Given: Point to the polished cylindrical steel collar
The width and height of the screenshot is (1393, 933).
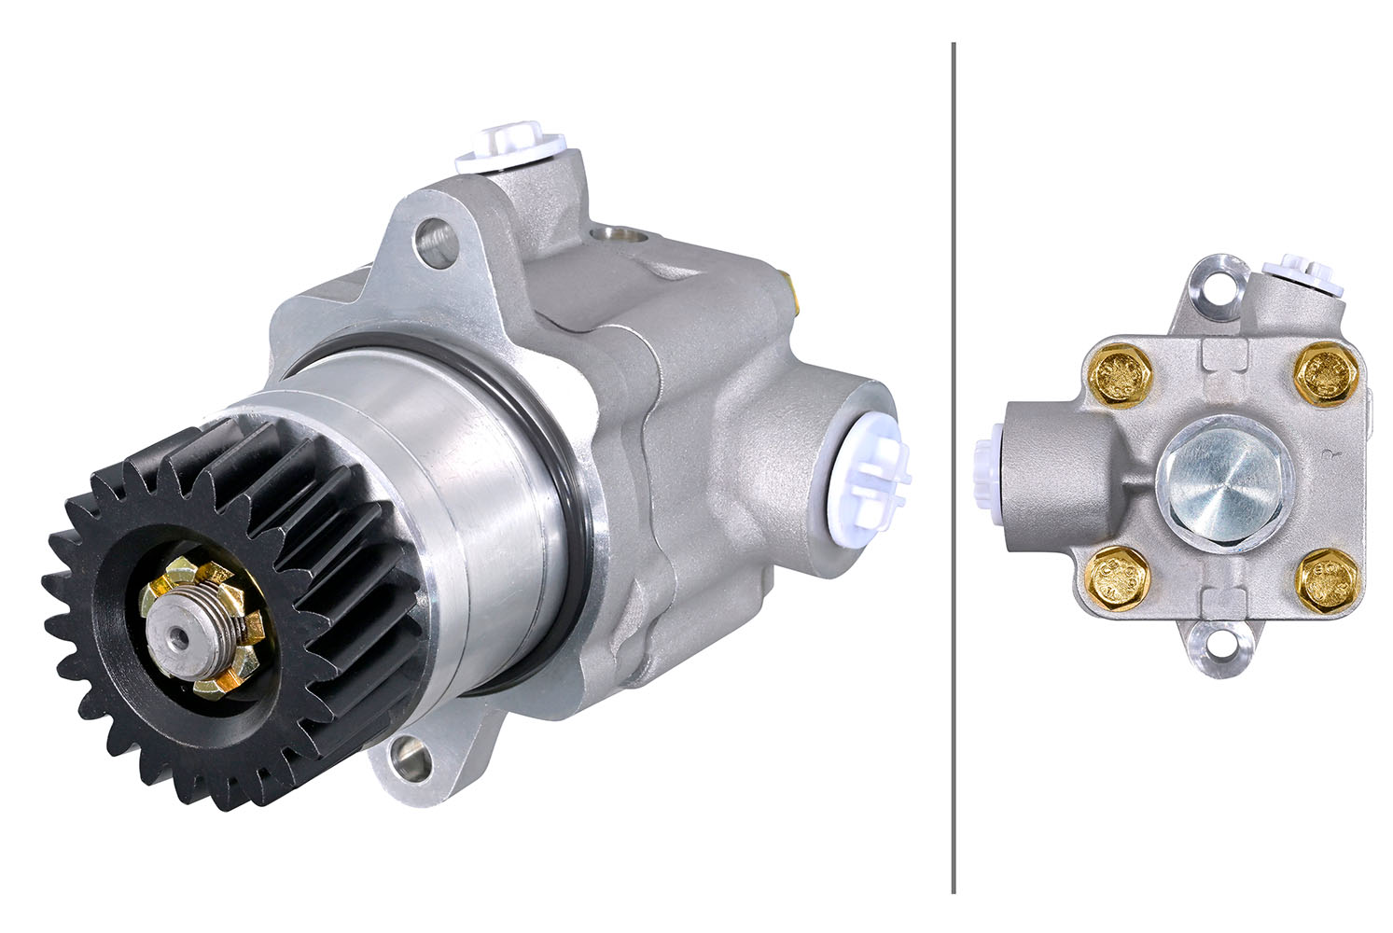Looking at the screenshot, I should point(439,485).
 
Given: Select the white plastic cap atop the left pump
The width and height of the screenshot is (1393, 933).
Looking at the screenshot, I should point(511,146).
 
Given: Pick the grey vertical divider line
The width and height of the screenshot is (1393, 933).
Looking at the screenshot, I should point(953,466).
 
